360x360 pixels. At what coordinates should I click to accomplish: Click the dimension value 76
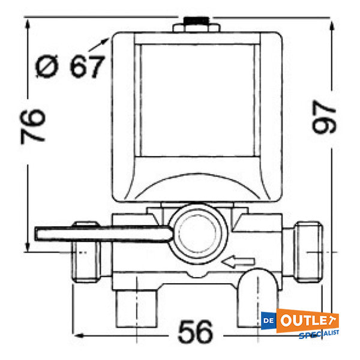point(34,125)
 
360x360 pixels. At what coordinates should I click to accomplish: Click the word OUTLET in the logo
point(311,320)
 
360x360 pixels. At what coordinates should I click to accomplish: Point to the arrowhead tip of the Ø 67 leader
point(109,38)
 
